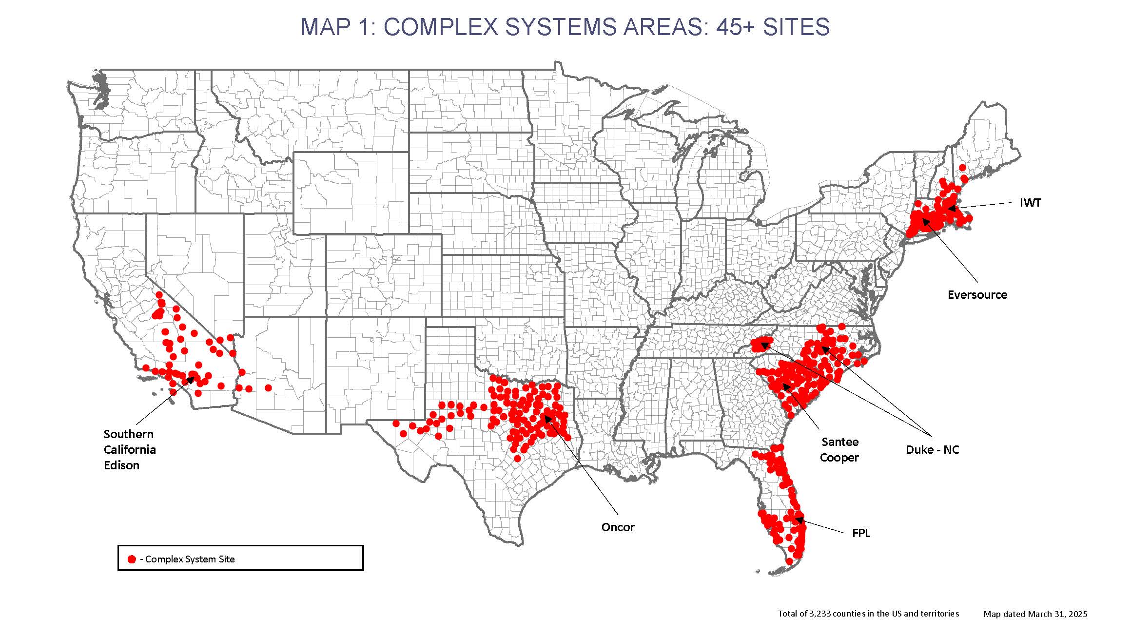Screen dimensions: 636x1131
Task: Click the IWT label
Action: point(1030,203)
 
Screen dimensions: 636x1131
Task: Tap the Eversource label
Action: point(977,295)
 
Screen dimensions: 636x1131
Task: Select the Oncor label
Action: point(618,527)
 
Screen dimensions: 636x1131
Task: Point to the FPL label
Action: point(861,533)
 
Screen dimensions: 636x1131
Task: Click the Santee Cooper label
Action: point(839,450)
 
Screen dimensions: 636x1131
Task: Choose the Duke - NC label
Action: point(932,450)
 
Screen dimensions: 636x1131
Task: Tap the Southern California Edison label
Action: point(130,450)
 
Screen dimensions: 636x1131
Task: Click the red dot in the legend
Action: point(132,559)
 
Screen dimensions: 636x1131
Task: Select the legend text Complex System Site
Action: point(190,559)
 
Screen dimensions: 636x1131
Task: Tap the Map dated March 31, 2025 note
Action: point(1035,614)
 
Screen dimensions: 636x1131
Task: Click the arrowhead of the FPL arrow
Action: point(798,520)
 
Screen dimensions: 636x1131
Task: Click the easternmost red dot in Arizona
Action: point(268,388)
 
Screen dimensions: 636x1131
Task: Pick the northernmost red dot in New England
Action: point(962,168)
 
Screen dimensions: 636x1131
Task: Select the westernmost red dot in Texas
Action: point(396,424)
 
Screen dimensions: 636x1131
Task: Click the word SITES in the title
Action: point(796,27)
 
